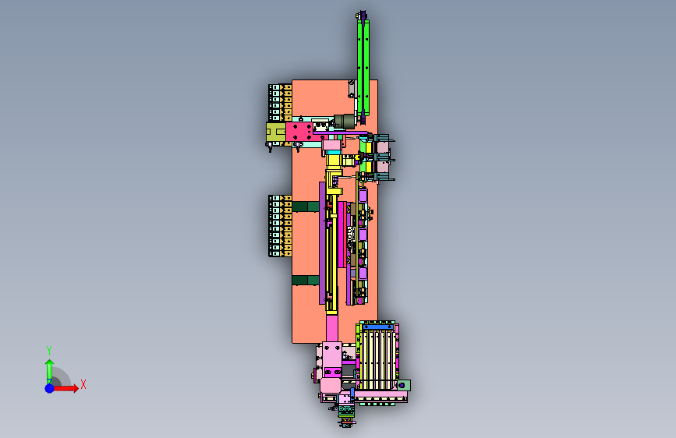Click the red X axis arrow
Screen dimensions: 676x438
click(65, 388)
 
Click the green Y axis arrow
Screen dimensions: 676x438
click(49, 372)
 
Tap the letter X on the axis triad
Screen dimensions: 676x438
click(83, 384)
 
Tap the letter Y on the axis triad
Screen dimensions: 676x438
click(49, 350)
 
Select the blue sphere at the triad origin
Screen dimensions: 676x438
click(50, 388)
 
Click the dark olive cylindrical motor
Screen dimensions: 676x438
click(345, 121)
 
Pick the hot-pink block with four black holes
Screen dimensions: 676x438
click(299, 132)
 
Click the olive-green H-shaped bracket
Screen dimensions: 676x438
click(276, 132)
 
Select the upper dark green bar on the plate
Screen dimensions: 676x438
click(306, 207)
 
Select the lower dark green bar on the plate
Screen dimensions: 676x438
click(306, 281)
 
